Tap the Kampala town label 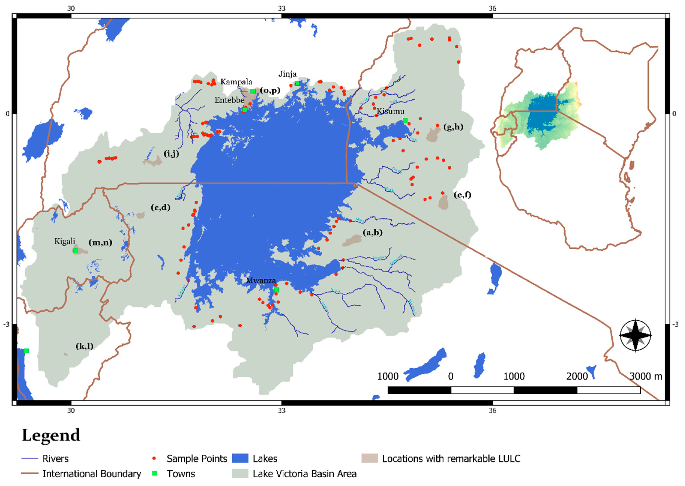tap(236, 82)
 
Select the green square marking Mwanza tap(277, 290)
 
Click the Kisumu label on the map tap(391, 112)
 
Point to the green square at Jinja tap(297, 83)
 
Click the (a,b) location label tap(373, 232)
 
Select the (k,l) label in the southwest tap(84, 346)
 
